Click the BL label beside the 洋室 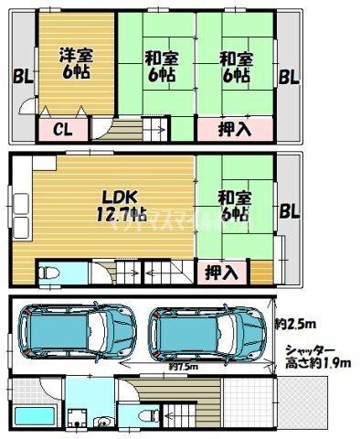coord(20,79)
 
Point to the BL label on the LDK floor coord(290,211)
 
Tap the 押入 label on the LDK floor coord(219,272)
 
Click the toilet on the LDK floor coord(48,273)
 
